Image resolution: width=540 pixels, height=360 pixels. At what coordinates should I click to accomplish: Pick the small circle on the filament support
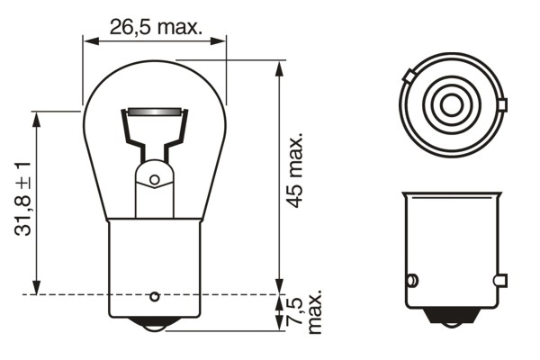point(154,180)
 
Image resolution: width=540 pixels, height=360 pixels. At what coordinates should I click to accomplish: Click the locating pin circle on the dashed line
point(154,295)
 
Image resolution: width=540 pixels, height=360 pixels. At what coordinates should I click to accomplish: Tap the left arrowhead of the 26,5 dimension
point(87,40)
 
